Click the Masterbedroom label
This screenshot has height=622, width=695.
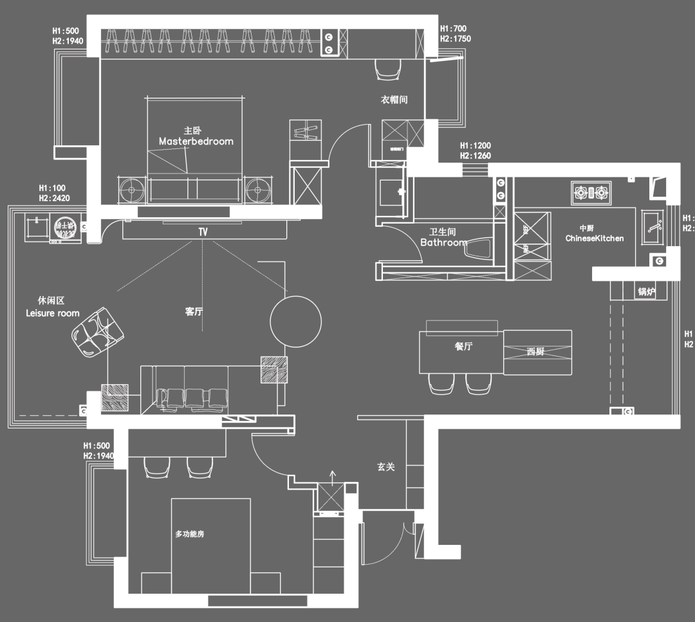(196, 141)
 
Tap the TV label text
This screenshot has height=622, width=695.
(203, 231)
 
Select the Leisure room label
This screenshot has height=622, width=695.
(53, 313)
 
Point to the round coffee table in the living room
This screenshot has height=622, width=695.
(295, 321)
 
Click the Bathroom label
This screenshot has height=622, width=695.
(443, 242)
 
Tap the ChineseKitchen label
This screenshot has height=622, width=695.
(595, 238)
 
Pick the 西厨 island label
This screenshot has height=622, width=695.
(535, 351)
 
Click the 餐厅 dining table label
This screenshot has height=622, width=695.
(463, 346)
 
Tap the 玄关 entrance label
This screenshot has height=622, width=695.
(386, 467)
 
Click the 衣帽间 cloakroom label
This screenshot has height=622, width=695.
(394, 100)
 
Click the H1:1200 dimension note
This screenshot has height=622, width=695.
(476, 146)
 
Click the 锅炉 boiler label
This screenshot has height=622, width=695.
(646, 292)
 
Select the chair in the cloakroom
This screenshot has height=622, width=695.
(387, 69)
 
